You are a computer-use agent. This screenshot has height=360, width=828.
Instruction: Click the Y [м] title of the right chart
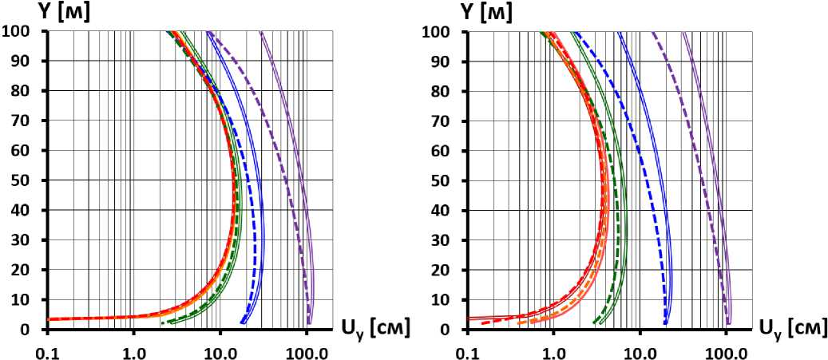[486, 12]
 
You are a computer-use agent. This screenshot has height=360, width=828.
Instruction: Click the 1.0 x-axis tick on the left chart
[133, 350]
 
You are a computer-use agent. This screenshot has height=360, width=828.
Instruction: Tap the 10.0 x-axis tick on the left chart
[220, 350]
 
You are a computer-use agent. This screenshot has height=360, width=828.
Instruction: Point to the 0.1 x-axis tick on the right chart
[467, 350]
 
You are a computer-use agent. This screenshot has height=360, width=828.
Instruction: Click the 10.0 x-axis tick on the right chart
[640, 350]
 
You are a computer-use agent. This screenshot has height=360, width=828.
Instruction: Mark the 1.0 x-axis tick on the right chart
[553, 350]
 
